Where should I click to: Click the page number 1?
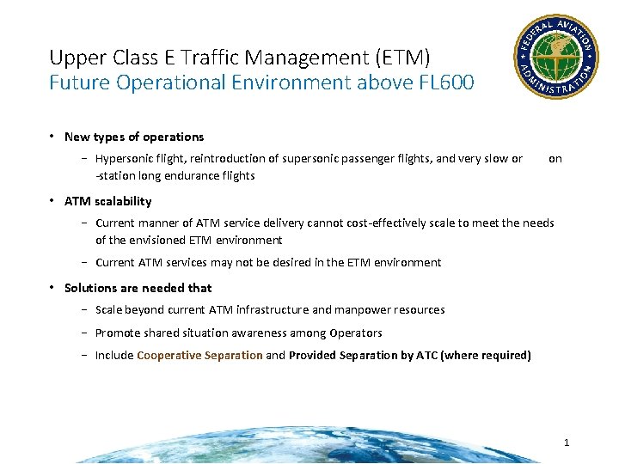click(x=567, y=443)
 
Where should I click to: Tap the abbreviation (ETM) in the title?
click(x=402, y=58)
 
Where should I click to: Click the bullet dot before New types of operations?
click(x=53, y=137)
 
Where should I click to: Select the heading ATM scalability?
click(x=107, y=201)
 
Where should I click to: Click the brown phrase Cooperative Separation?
click(x=199, y=355)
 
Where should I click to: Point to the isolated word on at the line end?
click(x=555, y=158)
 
